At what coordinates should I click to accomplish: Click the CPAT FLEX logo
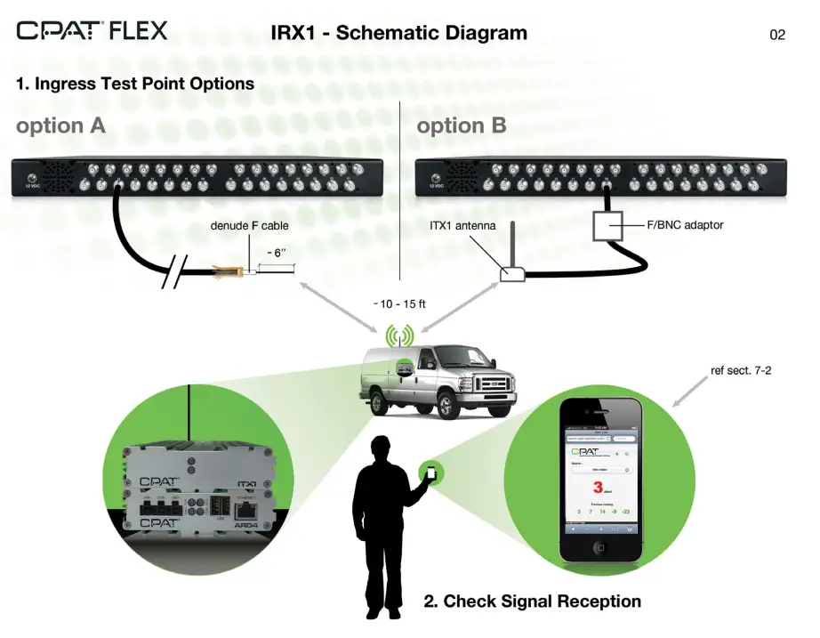[92, 31]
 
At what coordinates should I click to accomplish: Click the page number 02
[777, 36]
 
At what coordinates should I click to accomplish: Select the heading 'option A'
[60, 125]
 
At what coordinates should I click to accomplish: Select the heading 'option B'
[462, 125]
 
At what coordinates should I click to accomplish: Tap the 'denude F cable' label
[249, 226]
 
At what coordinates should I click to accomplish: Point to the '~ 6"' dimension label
[277, 253]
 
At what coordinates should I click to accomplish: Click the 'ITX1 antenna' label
[462, 225]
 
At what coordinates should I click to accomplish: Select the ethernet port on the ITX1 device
[245, 510]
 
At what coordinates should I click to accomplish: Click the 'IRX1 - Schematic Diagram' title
[398, 34]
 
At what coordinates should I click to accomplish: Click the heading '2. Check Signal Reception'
[532, 602]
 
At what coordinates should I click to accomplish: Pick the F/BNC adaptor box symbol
[607, 227]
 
